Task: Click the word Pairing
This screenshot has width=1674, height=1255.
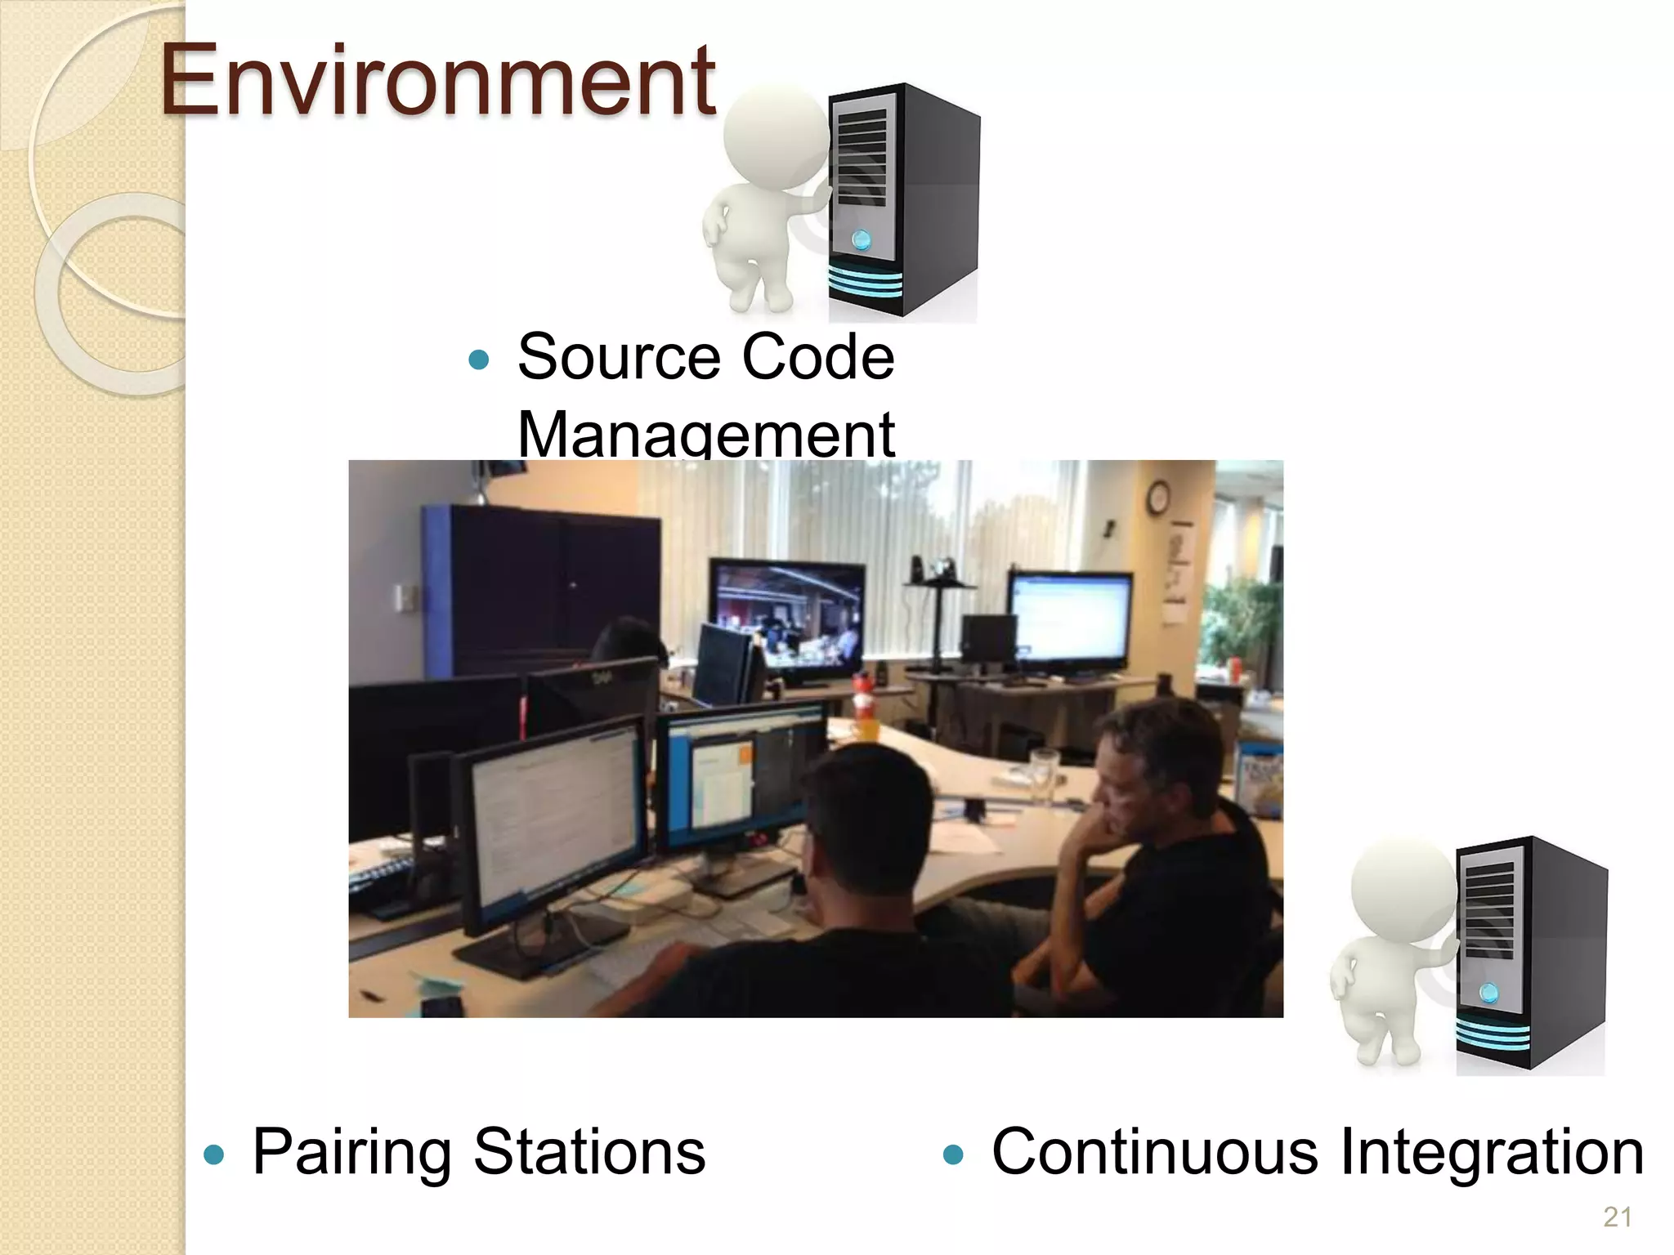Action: [x=351, y=1152]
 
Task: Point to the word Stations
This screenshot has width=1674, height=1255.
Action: [x=589, y=1152]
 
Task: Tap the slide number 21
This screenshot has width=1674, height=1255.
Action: [x=1618, y=1217]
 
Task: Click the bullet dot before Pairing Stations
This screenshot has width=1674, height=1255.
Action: [x=214, y=1154]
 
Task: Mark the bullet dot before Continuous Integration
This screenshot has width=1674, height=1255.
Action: [x=953, y=1154]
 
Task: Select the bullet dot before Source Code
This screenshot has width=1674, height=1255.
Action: [x=479, y=360]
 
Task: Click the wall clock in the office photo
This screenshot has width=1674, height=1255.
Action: [x=1157, y=497]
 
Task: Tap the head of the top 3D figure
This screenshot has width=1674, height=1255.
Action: [x=777, y=135]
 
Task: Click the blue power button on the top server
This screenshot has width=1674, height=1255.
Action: [x=862, y=239]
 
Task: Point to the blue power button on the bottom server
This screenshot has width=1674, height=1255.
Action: [x=1489, y=993]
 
